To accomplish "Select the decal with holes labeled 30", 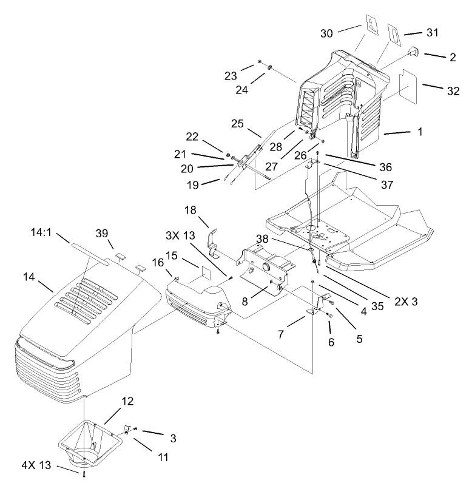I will point(371,27).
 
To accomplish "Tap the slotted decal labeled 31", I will point(393,35).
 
